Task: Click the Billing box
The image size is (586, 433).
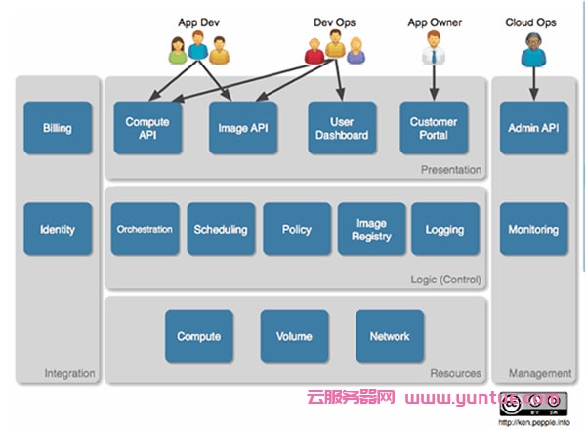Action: [58, 128]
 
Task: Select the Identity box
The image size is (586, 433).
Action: [58, 230]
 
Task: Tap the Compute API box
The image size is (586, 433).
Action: [147, 128]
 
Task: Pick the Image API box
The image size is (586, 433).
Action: [243, 128]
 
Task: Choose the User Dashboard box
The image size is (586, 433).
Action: [342, 128]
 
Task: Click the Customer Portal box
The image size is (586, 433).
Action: [434, 128]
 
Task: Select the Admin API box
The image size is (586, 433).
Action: [533, 128]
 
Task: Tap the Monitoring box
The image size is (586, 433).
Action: [533, 230]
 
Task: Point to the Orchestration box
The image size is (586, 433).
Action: [145, 230]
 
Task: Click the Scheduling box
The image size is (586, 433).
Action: [220, 230]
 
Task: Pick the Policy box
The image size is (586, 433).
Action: [296, 230]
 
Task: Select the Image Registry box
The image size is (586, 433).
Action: [371, 230]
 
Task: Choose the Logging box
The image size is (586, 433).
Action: [445, 230]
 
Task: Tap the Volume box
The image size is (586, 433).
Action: [294, 336]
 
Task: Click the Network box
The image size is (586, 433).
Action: [390, 336]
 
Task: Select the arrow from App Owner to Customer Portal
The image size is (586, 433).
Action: [433, 83]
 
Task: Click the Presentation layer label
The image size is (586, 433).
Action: [451, 170]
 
